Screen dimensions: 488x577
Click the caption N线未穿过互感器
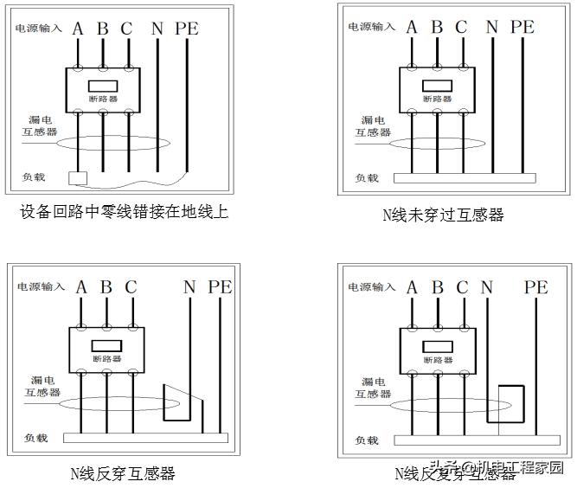coord(443,215)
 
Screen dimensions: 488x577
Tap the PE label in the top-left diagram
coord(186,28)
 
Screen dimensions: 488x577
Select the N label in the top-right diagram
coord(491,27)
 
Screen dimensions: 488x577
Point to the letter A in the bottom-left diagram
coord(81,287)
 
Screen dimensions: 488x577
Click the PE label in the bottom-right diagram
coord(536,287)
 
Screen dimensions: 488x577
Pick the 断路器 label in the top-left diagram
coord(103,99)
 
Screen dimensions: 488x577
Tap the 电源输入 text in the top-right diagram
coord(372,27)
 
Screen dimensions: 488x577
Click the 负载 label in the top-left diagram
coord(34,177)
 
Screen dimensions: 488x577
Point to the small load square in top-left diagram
coord(77,178)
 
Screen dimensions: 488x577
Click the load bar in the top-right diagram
coord(465,178)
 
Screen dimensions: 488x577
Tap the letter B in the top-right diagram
coord(437,27)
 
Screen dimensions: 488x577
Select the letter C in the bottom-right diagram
coord(462,287)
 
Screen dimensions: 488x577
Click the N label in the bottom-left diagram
coord(189,287)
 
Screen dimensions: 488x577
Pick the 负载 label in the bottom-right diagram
coord(368,440)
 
